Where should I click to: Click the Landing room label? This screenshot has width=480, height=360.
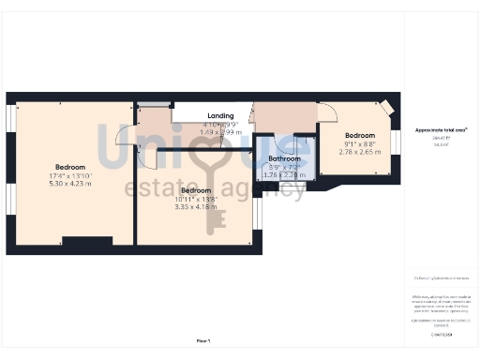click(220, 115)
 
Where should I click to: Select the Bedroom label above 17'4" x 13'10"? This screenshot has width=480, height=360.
click(70, 166)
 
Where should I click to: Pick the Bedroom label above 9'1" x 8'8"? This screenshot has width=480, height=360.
click(360, 135)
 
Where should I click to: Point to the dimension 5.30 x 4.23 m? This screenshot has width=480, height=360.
click(70, 184)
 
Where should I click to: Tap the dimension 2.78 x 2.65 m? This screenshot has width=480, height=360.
click(360, 151)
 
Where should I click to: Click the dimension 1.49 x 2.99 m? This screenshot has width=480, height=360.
click(220, 132)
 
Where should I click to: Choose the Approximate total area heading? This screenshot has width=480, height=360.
click(442, 129)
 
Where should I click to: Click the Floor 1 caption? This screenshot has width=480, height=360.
click(202, 340)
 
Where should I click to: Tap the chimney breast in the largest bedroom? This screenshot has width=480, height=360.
click(88, 241)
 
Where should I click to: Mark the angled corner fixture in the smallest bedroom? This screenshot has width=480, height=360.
click(385, 107)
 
